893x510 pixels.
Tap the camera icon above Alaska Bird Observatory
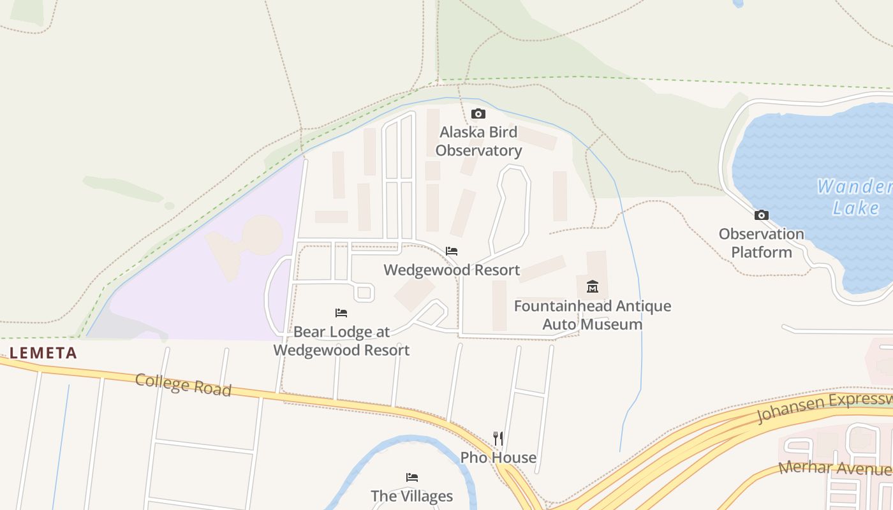(x=478, y=114)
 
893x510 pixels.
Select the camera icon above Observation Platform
(x=761, y=215)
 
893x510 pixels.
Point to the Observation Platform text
(x=761, y=243)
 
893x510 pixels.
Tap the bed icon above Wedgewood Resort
(x=452, y=251)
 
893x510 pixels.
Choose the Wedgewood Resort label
(x=452, y=270)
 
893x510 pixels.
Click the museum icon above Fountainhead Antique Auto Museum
(x=593, y=286)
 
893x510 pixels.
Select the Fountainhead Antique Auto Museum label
(x=593, y=315)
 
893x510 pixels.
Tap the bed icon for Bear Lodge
(x=341, y=313)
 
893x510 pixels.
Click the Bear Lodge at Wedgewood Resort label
(x=341, y=341)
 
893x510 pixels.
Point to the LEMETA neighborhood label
(x=43, y=353)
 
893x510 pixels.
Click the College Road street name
(x=183, y=385)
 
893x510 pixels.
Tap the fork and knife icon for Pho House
(x=498, y=439)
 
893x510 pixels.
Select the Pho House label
(x=498, y=458)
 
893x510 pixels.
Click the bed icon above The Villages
(x=412, y=477)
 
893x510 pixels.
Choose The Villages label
(x=412, y=496)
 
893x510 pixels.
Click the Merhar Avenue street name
(x=835, y=469)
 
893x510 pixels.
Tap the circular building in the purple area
(x=262, y=235)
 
